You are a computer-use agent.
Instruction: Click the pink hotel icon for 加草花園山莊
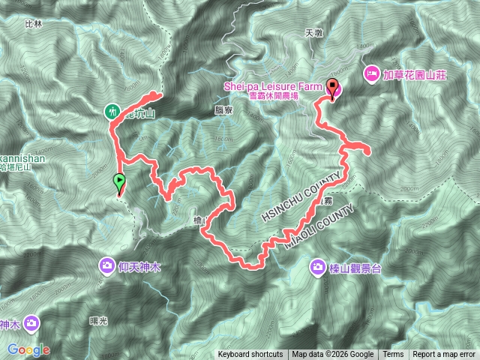click(370, 74)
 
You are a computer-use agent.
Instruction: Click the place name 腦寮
click(222, 109)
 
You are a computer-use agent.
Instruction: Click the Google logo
click(28, 349)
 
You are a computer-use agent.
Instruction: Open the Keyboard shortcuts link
click(250, 355)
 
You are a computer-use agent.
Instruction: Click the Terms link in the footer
click(393, 355)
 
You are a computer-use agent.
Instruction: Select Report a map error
click(444, 355)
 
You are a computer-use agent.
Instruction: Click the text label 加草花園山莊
click(415, 75)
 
